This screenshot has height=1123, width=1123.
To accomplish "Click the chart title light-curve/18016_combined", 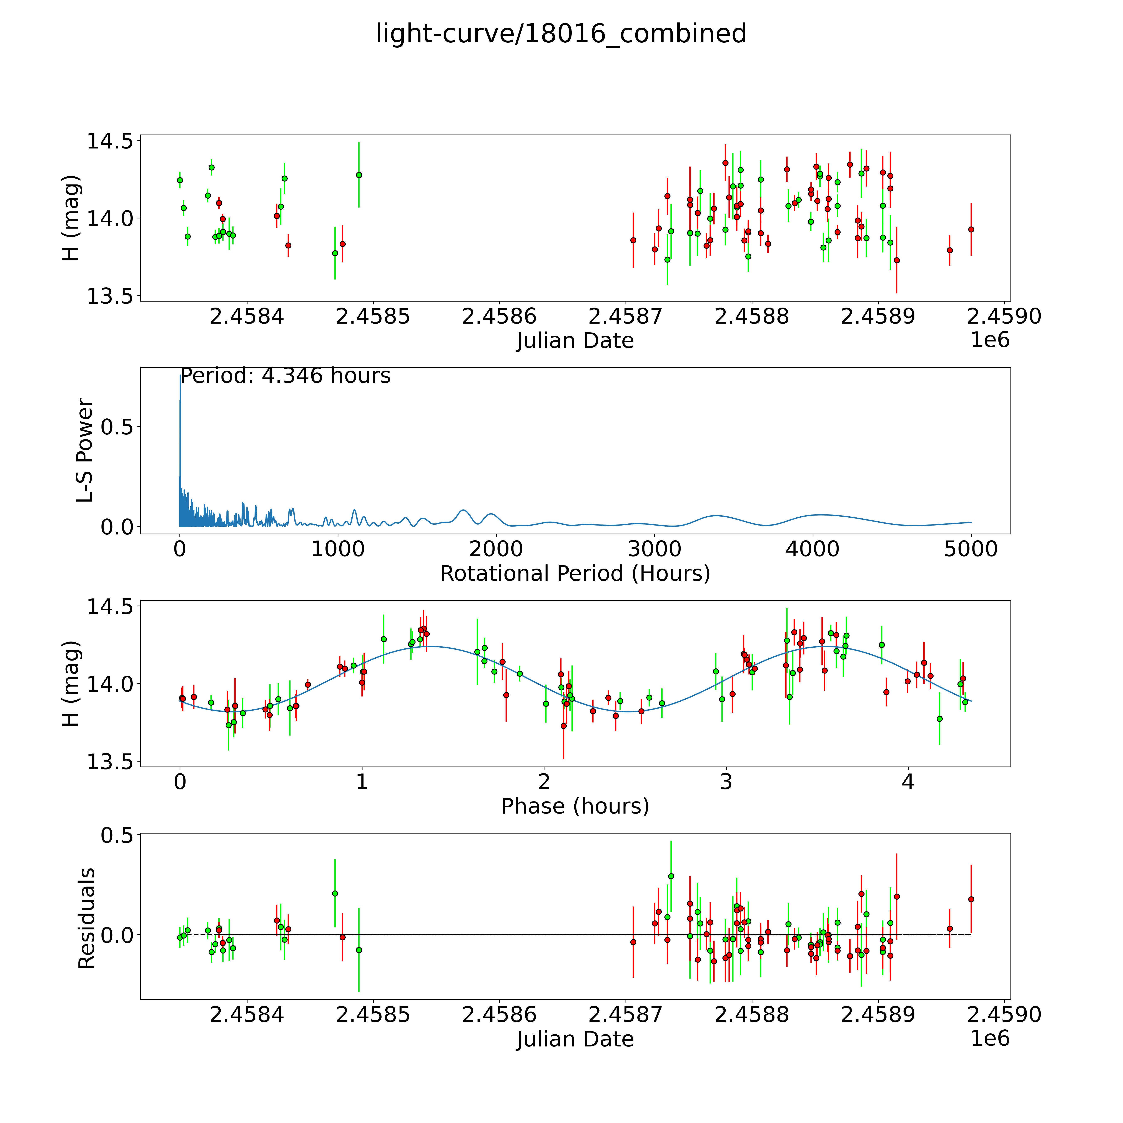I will coord(561,34).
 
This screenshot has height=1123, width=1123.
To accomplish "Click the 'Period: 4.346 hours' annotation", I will coord(285,376).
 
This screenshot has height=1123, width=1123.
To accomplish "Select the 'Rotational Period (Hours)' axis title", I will coord(575,574).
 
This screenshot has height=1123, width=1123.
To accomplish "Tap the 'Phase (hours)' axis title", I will coord(575,806).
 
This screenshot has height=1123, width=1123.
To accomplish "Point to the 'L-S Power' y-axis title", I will coord(85,450).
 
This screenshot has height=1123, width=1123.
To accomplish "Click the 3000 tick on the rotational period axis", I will coord(654,549).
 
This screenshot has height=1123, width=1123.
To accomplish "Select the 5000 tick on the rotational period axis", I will coord(971,549).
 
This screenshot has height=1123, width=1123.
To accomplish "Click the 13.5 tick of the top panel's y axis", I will coord(109,296).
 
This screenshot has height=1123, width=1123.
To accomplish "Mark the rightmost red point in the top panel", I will coord(971,230).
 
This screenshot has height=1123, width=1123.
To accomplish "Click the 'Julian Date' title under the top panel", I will coord(575,341).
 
